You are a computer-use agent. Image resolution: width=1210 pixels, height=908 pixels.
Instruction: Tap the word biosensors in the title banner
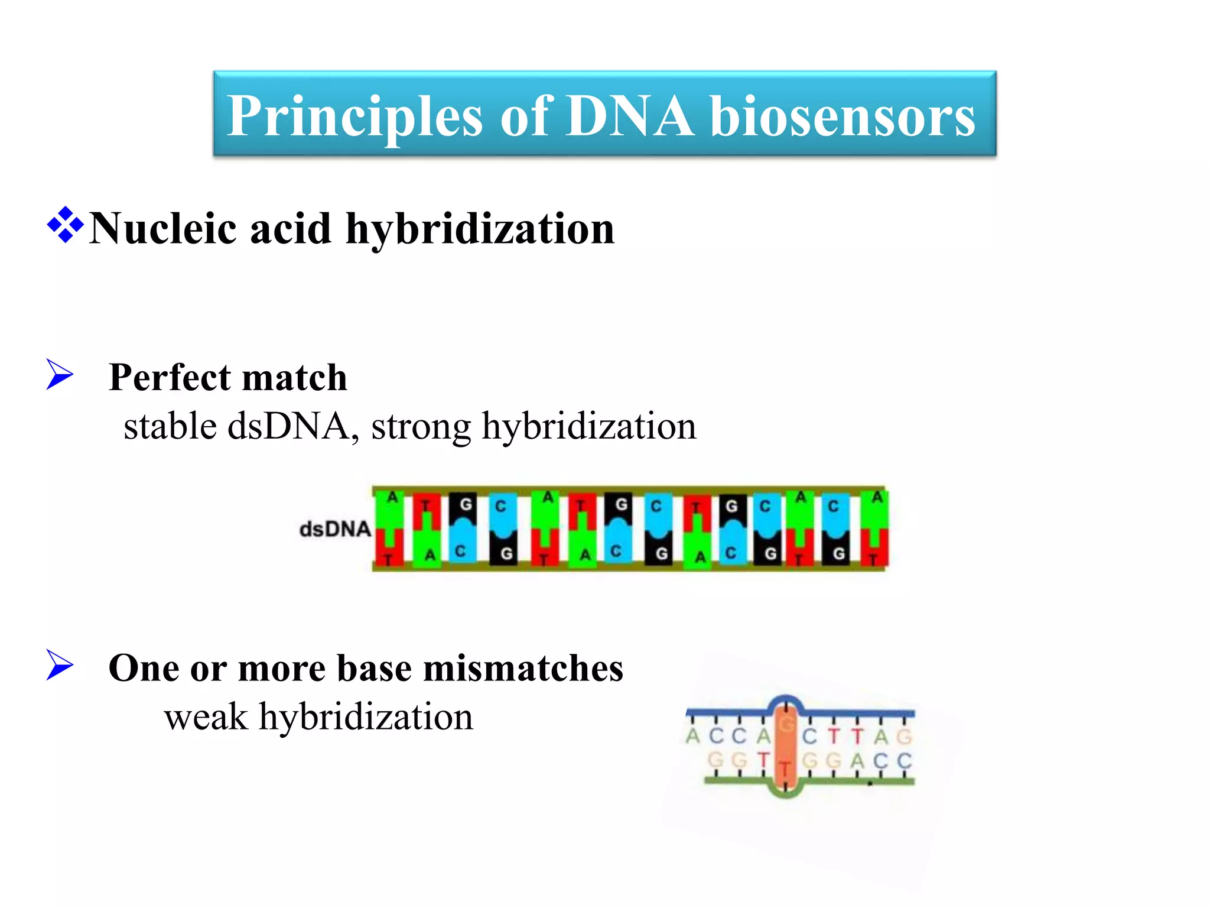(842, 116)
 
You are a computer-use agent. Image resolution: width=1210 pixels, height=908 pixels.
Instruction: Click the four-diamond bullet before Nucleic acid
(65, 225)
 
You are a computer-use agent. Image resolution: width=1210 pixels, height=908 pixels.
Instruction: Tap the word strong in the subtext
(421, 426)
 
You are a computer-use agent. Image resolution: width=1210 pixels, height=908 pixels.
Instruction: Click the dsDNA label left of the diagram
(334, 529)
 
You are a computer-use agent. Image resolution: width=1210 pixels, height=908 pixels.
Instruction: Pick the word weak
(206, 717)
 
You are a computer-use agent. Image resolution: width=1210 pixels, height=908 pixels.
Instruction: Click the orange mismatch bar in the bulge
(785, 751)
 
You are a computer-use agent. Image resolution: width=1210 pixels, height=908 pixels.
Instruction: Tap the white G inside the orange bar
(785, 725)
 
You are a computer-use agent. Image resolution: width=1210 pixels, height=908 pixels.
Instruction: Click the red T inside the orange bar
(785, 769)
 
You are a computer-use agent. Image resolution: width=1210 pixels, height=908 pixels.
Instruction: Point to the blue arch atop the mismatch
(785, 700)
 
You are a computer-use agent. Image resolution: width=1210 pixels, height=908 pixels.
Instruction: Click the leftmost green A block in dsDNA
(391, 508)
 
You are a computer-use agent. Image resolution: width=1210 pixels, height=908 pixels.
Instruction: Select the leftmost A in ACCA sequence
(693, 737)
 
